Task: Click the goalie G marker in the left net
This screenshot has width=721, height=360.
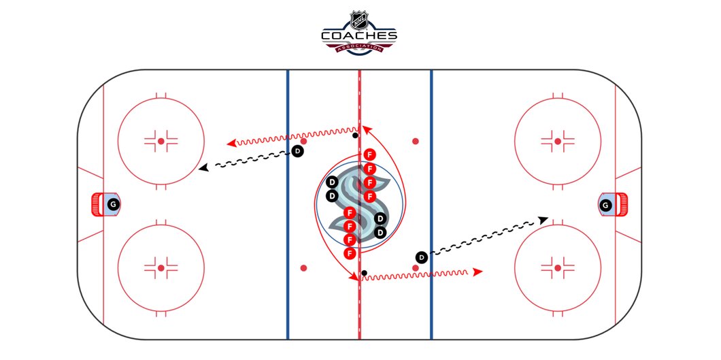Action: [113, 204]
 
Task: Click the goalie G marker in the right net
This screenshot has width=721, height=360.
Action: [605, 204]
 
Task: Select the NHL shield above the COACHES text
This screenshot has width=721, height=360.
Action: [359, 17]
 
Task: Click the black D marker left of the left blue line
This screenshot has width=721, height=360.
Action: [297, 151]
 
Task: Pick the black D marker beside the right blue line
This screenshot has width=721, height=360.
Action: [422, 257]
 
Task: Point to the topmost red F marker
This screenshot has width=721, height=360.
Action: [369, 154]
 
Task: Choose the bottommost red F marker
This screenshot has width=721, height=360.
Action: [350, 253]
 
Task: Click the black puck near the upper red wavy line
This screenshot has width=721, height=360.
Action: [355, 136]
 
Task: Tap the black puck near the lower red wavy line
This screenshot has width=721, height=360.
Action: [365, 274]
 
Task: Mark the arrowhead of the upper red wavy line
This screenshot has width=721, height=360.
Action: [231, 143]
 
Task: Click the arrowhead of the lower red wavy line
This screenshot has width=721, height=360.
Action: [478, 272]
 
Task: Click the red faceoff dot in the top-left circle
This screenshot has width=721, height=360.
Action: [161, 141]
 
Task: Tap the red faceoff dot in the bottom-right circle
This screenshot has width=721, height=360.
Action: [558, 268]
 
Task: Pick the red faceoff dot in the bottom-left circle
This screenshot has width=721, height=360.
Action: [161, 268]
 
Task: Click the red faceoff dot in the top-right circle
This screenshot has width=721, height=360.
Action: [558, 141]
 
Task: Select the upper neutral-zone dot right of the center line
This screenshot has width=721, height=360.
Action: [415, 142]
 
